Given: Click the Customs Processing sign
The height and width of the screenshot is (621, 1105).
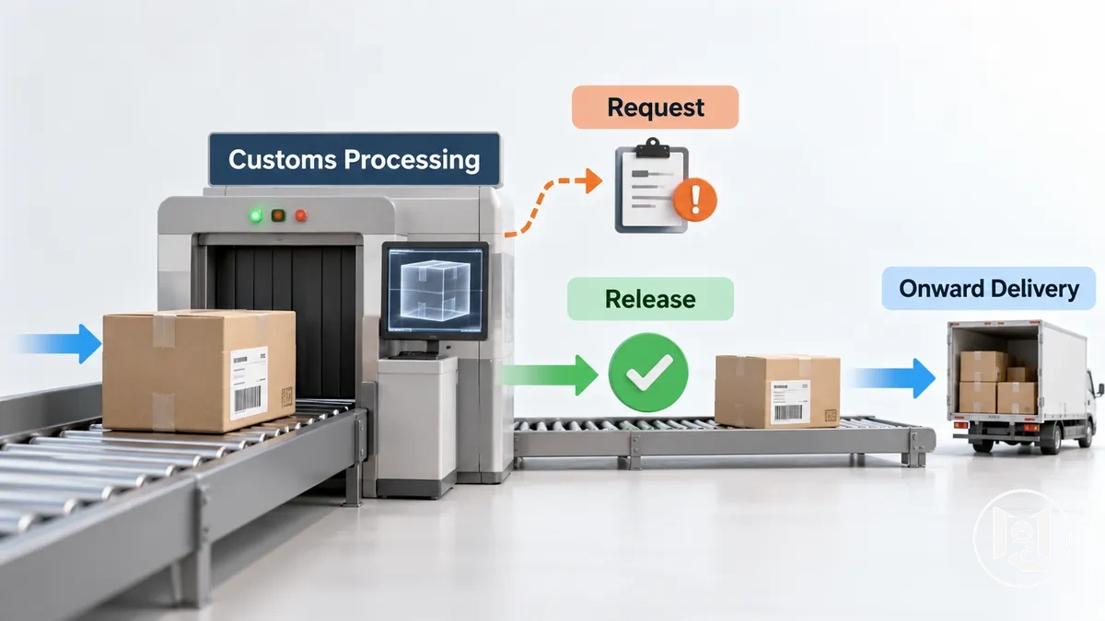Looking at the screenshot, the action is pos(355,159).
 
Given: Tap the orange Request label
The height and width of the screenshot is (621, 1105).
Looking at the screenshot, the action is pos(655,107).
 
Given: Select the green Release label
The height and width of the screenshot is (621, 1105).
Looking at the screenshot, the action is pos(650,299).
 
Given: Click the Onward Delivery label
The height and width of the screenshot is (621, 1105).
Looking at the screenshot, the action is pos(989,288).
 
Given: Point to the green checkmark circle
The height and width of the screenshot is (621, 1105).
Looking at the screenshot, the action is pos(648,372).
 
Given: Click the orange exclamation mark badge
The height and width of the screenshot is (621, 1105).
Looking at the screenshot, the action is pos(695,200).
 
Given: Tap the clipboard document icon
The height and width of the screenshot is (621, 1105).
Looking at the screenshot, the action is pos(652,185).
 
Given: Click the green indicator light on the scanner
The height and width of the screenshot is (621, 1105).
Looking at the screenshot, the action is pos(256,215).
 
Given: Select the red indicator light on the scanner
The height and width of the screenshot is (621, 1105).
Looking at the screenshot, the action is pos(301,215).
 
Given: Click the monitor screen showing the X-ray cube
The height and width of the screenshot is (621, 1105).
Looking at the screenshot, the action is pos(435,290).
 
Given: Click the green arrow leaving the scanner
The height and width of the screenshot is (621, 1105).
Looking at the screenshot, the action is pos(550,375).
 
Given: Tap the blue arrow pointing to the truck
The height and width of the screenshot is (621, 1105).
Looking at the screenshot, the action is pos(892,378).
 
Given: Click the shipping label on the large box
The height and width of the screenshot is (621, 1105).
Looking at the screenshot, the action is pos(250,383).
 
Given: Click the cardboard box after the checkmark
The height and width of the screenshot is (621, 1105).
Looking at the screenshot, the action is pos(777,390).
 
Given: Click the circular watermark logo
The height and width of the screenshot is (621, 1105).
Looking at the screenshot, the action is pos(1022,538).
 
